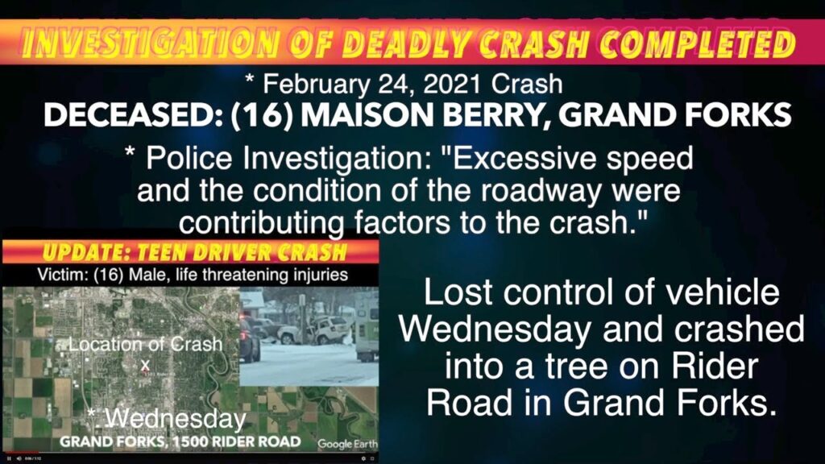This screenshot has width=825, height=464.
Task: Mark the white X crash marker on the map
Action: tap(145, 364)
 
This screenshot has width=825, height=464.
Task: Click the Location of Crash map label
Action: tap(145, 344)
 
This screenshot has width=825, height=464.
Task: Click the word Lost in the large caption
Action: tap(456, 292)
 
